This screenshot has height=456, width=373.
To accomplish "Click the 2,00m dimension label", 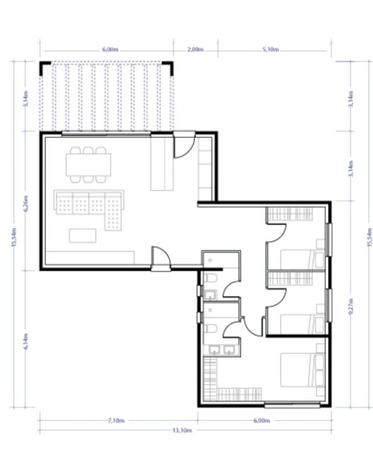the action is [195, 50].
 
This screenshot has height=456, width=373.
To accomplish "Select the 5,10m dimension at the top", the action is [270, 50].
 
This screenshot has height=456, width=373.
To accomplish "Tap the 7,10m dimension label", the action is [116, 420].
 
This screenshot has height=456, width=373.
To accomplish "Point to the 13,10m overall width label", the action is [183, 430].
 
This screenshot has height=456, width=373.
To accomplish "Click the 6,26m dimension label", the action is [26, 203].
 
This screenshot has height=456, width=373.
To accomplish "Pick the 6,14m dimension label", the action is [26, 341].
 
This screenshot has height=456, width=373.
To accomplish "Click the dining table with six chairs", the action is [88, 165].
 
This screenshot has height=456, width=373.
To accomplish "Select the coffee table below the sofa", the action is [83, 235].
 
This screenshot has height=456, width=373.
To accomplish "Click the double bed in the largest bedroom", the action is [303, 370].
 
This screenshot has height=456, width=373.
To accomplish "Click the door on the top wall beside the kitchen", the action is [184, 145].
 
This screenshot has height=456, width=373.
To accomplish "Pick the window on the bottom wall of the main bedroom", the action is [292, 404].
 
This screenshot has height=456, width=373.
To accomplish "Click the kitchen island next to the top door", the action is [162, 164].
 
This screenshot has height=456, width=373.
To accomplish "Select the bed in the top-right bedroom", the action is [303, 259].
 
